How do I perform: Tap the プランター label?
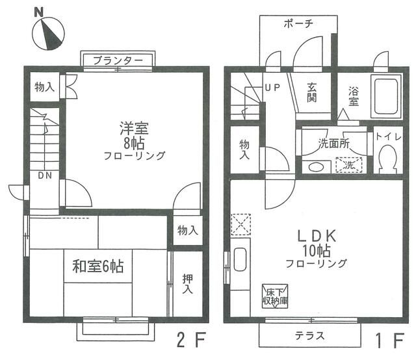pyautogui.click(x=117, y=60)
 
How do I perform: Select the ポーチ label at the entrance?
pyautogui.click(x=299, y=23)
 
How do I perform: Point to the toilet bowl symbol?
pyautogui.click(x=387, y=159)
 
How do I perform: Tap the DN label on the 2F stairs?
pyautogui.click(x=45, y=176)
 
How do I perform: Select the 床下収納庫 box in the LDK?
pyautogui.click(x=273, y=296)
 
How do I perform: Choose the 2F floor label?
pyautogui.click(x=188, y=339)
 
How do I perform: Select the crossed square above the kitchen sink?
pyautogui.click(x=241, y=225)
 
